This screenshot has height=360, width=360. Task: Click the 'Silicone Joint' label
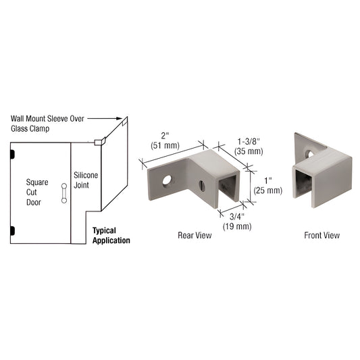pyautogui.click(x=86, y=179)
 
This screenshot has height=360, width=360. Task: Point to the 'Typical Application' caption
pyautogui.click(x=111, y=235)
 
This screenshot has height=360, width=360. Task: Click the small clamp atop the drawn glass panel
pyautogui.click(x=98, y=142)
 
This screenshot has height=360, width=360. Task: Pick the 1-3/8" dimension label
pyautogui.click(x=249, y=141)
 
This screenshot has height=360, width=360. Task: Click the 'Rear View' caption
pyautogui.click(x=195, y=236)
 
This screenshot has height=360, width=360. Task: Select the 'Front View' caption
pyautogui.click(x=322, y=236)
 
